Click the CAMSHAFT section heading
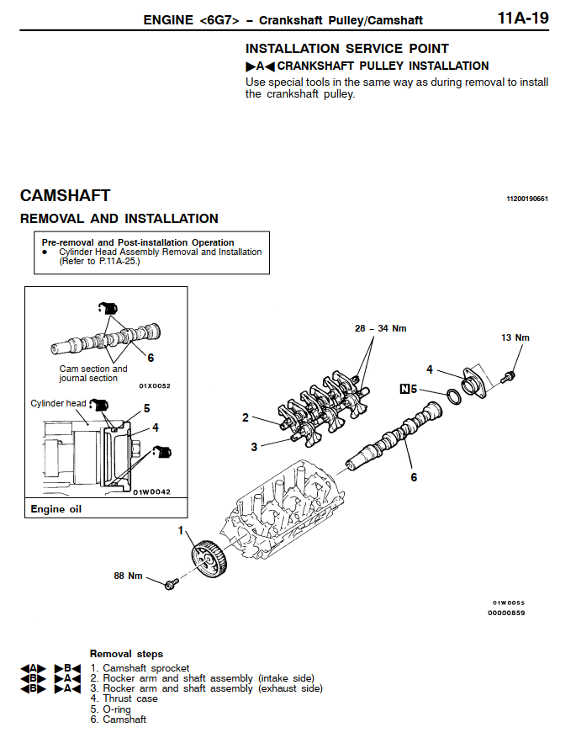[x=65, y=195]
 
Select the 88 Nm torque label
[x=128, y=576]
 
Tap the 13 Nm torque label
[x=515, y=337]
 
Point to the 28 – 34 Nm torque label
[x=380, y=328]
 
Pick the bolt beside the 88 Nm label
[x=172, y=581]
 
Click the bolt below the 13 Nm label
[x=510, y=377]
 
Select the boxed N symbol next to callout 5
[x=405, y=389]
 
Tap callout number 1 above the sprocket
[x=181, y=530]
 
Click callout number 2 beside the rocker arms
[x=246, y=417]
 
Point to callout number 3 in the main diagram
[x=254, y=447]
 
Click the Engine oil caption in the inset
[x=56, y=509]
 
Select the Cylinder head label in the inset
[x=58, y=404]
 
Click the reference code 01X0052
[x=154, y=385]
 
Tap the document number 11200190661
[x=526, y=199]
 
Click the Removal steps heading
[x=126, y=654]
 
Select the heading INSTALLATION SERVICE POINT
[x=346, y=49]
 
